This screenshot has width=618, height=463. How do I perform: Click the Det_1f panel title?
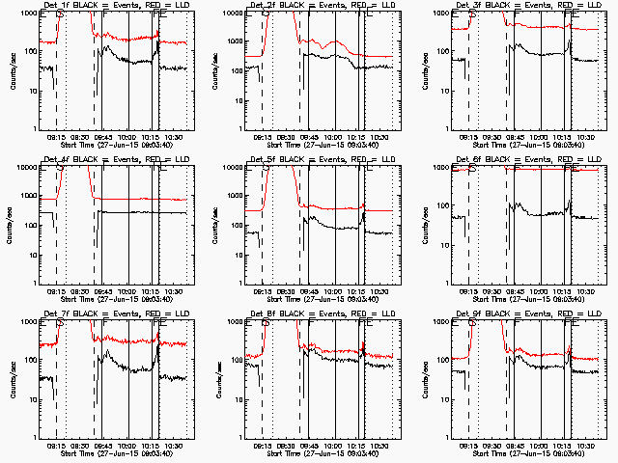(108, 5)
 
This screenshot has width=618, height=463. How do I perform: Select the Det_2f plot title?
(315, 5)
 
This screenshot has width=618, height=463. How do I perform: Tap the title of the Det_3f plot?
(521, 5)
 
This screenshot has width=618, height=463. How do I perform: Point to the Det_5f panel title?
(315, 159)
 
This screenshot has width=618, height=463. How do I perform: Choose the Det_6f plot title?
(521, 159)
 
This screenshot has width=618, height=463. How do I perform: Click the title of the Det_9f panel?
(521, 313)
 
